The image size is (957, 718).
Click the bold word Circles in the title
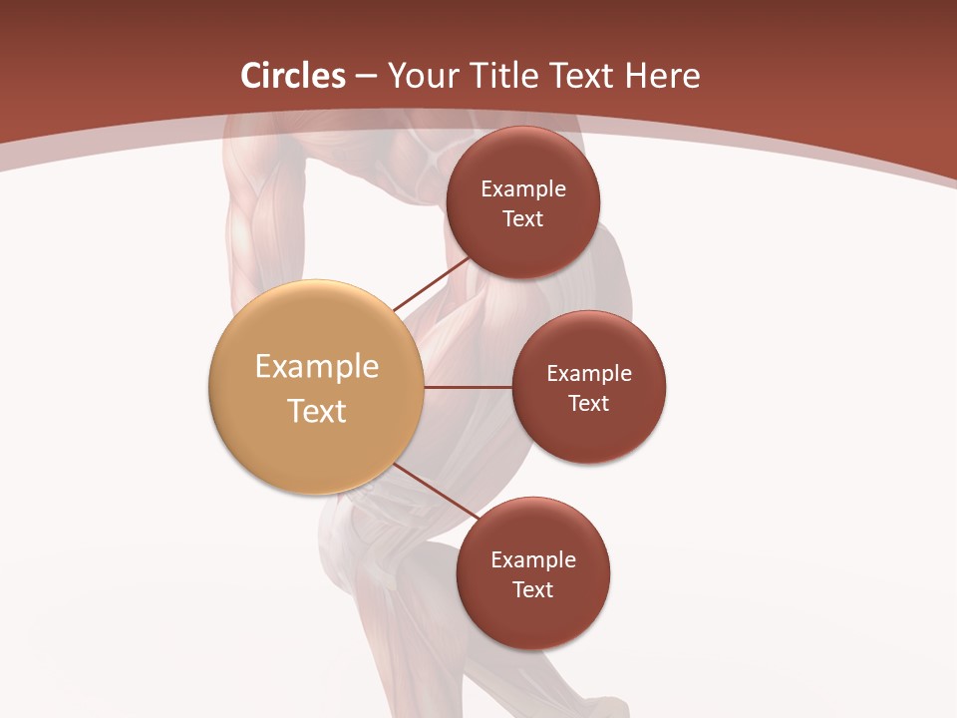tap(292, 76)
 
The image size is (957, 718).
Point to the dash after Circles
tap(366, 77)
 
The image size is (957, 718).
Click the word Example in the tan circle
tap(317, 367)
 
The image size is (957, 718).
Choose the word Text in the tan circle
tap(317, 411)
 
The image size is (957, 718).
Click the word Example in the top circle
tap(523, 189)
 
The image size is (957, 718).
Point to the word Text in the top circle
tap(523, 219)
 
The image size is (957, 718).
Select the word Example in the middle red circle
tap(589, 374)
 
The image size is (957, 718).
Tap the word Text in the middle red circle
tap(589, 404)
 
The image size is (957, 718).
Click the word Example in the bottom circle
tap(533, 560)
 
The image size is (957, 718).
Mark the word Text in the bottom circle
tap(533, 590)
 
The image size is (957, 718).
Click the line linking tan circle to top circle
tap(432, 284)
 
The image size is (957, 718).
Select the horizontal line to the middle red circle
tap(469, 387)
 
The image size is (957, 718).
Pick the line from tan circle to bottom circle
tap(437, 492)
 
